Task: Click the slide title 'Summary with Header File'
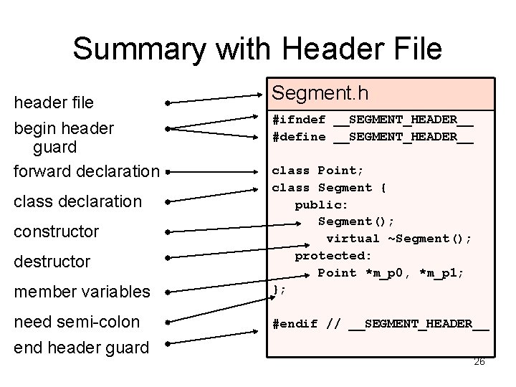[257, 49]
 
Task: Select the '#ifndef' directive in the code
[298, 119]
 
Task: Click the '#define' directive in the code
[298, 136]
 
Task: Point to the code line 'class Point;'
[317, 171]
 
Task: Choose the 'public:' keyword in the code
[322, 204]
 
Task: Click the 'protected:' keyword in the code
[333, 255]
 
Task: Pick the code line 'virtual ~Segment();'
[399, 238]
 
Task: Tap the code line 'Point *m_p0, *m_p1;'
[391, 272]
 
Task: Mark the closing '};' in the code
[279, 290]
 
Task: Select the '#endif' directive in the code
[294, 323]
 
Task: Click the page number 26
[479, 361]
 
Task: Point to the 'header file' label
[54, 102]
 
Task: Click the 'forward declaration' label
[87, 171]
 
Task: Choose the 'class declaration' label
[78, 201]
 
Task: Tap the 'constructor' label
[56, 231]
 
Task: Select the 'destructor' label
[52, 262]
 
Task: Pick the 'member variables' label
[82, 292]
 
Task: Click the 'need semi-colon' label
[77, 322]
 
